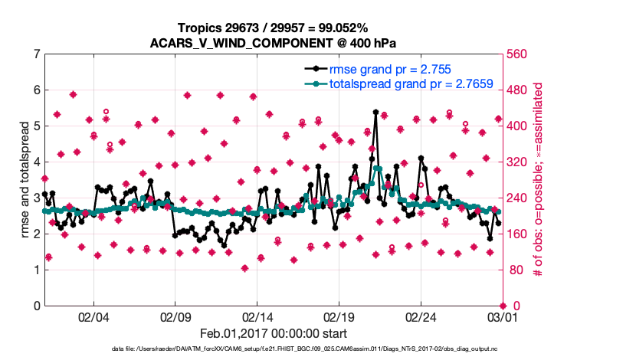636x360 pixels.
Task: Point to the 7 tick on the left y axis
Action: [36, 54]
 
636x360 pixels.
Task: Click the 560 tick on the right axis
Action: [514, 54]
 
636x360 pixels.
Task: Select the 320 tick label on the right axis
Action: [514, 162]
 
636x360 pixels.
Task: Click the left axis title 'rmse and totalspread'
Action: [24, 180]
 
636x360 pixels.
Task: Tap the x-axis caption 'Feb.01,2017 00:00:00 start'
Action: [273, 333]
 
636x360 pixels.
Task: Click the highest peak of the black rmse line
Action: [375, 112]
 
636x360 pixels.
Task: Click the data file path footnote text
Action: [273, 349]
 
